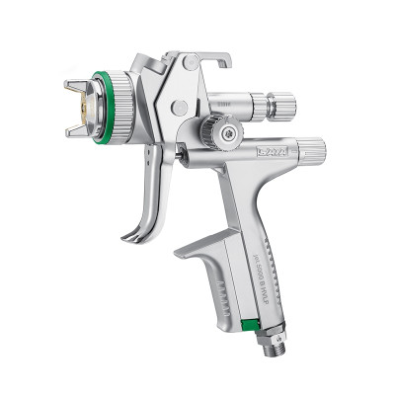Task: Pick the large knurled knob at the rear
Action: tap(308, 152)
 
